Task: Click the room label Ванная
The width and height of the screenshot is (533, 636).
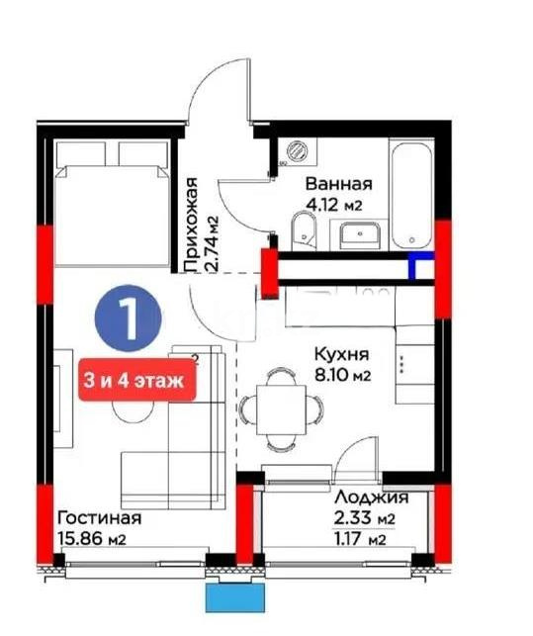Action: point(338,184)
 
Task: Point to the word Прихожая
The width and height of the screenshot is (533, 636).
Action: point(193,224)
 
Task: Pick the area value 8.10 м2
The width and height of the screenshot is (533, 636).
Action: point(341,376)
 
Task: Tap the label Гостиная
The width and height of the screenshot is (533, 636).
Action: point(99,518)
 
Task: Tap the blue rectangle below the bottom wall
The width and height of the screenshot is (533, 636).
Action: point(236,596)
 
